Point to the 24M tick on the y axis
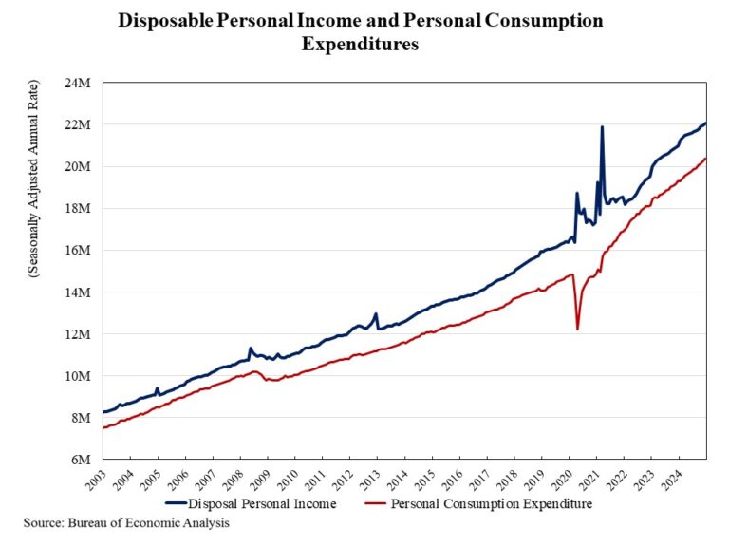tap(78, 83)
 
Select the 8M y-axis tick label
tap(82, 417)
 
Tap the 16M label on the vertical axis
tap(78, 250)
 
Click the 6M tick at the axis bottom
tap(82, 459)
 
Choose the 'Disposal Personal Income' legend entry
tap(251, 503)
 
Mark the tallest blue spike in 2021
tap(602, 127)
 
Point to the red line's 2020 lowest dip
tap(578, 329)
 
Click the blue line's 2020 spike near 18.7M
tap(577, 194)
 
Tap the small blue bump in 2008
tap(250, 349)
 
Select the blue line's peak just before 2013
tap(376, 314)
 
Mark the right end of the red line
tap(705, 159)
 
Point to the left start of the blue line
tap(103, 411)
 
